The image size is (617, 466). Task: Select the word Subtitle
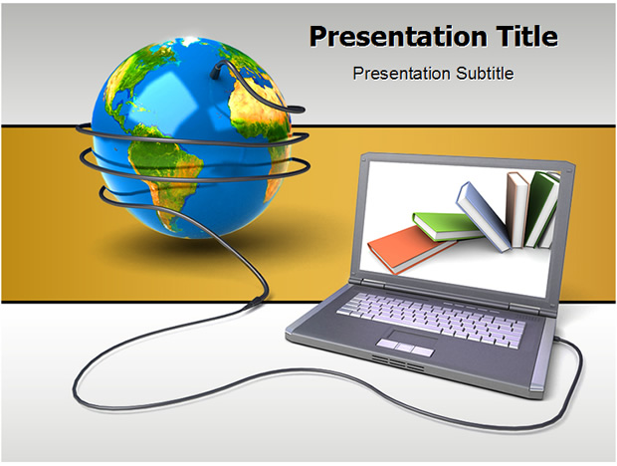(x=485, y=74)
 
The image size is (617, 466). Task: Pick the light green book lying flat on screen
(x=447, y=226)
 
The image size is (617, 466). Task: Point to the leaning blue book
(x=484, y=216)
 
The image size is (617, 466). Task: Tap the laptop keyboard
(x=431, y=321)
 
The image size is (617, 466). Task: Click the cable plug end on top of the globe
(x=216, y=71)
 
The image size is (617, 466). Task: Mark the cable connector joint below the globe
(x=256, y=301)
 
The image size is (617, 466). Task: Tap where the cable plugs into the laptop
(x=557, y=339)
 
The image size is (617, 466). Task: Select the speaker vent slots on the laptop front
(x=397, y=362)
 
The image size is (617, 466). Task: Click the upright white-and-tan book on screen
(x=517, y=210)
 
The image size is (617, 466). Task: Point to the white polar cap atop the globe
(x=190, y=40)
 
